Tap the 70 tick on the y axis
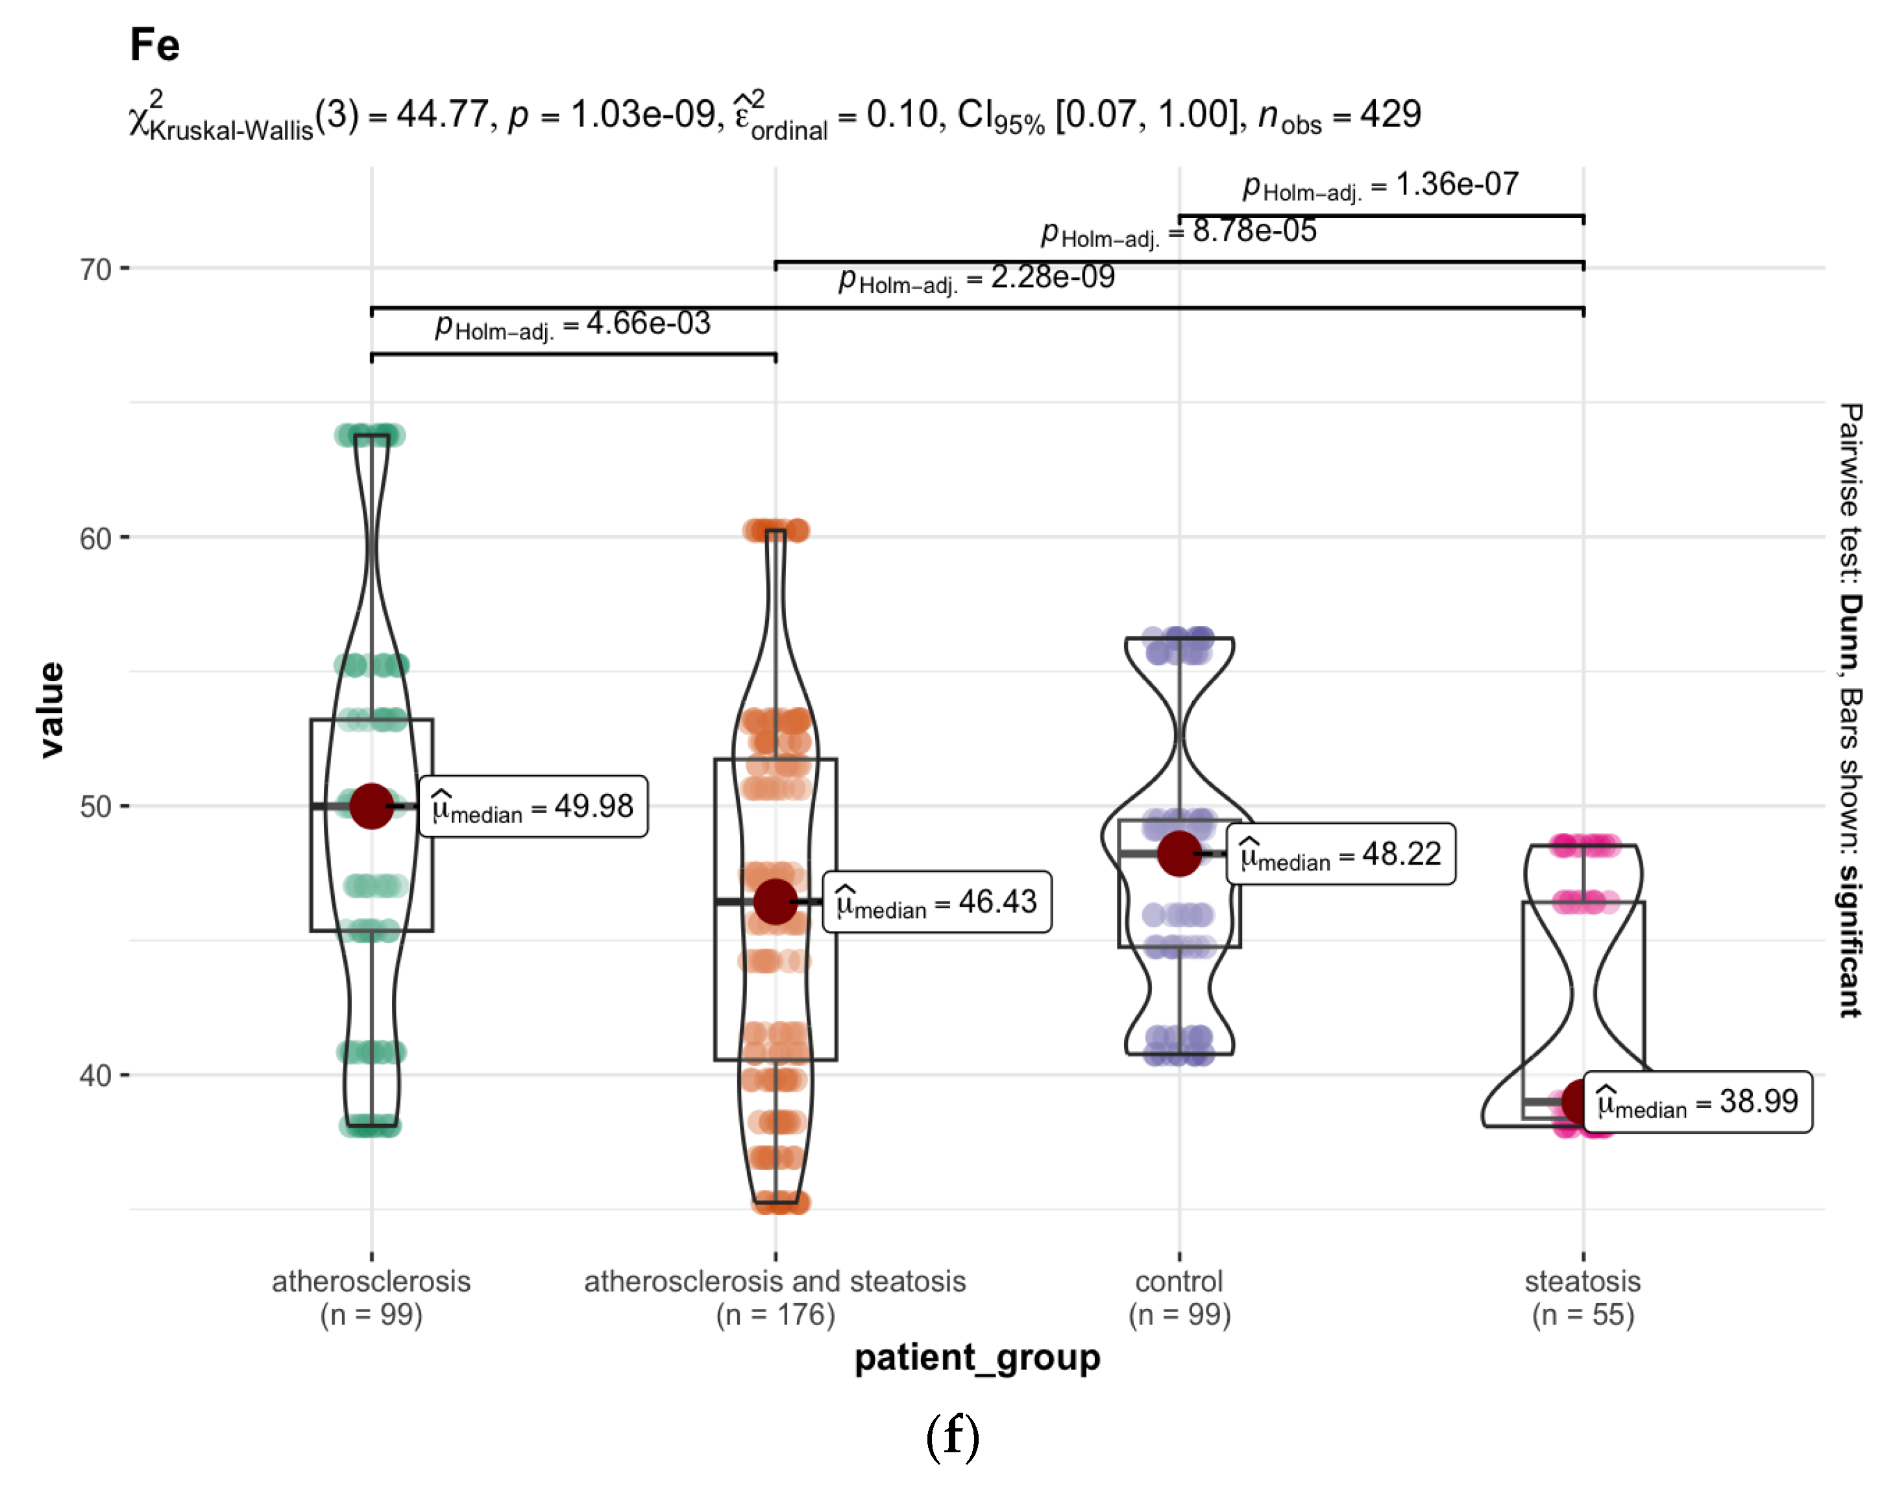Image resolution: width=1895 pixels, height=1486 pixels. coord(96,270)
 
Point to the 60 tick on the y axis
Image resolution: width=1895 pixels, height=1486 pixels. coord(96,538)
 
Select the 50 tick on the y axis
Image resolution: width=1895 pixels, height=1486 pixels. coord(96,806)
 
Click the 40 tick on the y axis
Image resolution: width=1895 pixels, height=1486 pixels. coord(96,1075)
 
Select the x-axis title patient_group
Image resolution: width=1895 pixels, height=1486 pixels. coord(977,1357)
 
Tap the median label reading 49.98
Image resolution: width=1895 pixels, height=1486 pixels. coord(533,806)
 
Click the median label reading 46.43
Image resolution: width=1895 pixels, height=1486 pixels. coord(936,902)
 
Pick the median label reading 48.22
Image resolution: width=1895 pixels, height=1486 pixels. coord(1341,854)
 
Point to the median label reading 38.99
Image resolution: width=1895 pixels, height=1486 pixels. coord(1698,1102)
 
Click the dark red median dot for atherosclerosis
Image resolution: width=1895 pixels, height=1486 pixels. coord(372,806)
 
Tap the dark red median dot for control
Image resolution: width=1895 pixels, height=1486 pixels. coord(1179,854)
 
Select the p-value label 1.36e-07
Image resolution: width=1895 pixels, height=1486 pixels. coord(1380,186)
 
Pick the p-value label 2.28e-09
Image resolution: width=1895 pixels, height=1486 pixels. coord(977,278)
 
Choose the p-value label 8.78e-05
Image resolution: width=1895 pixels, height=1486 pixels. coord(1179,232)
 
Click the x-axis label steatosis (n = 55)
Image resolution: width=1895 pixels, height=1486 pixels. coord(1582,1297)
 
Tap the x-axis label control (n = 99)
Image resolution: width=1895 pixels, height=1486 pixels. coord(1179,1297)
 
